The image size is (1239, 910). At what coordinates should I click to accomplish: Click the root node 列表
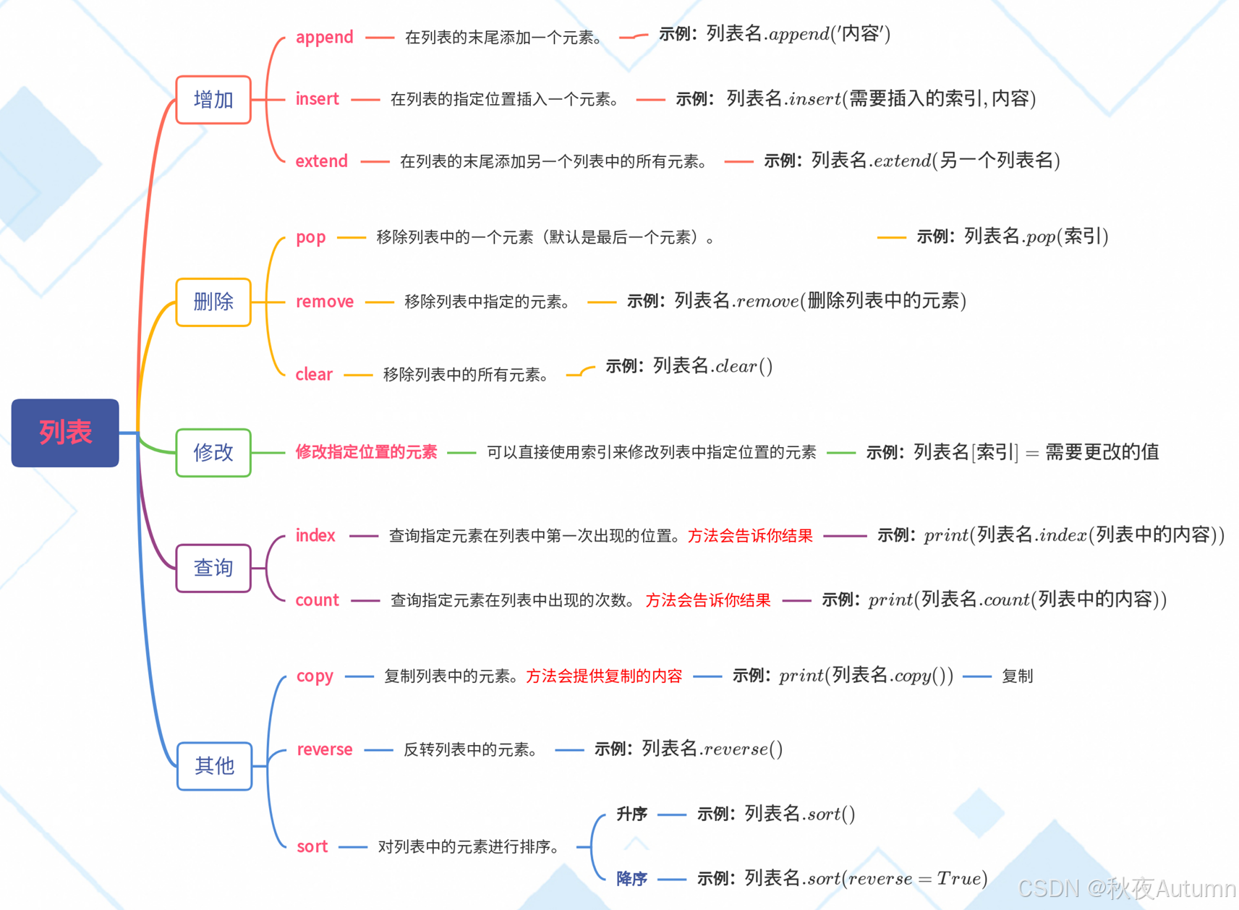[65, 433]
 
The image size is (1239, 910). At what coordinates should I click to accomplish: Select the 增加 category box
[213, 100]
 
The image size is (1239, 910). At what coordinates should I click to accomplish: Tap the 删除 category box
[213, 302]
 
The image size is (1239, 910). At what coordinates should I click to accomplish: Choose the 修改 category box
[213, 453]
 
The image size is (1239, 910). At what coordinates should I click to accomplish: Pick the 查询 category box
[213, 568]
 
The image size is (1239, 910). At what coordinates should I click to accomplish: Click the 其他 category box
[214, 765]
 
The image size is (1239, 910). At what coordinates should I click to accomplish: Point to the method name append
[324, 37]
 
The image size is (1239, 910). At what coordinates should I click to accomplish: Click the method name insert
[317, 99]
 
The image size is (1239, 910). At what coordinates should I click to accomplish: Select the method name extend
[321, 161]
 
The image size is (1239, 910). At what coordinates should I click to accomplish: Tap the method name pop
[310, 237]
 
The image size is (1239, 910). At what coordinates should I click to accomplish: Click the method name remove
[324, 302]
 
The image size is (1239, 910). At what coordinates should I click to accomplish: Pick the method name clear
[314, 374]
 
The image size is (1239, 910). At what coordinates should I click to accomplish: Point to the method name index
[315, 535]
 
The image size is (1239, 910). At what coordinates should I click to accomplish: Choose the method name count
[317, 600]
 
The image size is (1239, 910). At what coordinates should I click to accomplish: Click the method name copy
[315, 676]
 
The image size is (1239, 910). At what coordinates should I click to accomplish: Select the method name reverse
[325, 749]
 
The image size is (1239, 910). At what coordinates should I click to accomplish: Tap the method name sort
[312, 846]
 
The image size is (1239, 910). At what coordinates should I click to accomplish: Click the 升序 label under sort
[631, 815]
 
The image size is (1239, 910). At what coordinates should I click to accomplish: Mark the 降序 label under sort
[631, 879]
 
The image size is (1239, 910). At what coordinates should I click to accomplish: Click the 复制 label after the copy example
[1017, 676]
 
